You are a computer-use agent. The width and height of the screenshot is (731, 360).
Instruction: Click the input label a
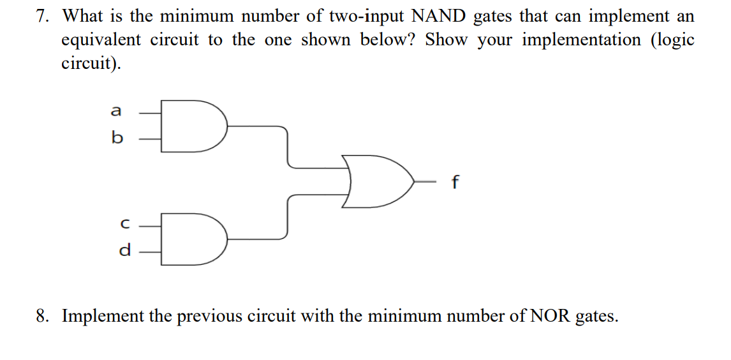pos(115,111)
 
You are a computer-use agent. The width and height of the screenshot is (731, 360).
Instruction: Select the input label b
pos(116,138)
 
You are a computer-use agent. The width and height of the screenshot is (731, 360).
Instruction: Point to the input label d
pos(124,250)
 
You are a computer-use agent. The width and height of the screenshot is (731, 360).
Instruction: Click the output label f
pos(454,183)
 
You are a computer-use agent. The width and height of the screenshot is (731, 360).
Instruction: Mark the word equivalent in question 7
pos(101,40)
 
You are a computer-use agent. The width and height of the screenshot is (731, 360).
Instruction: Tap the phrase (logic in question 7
pos(672,40)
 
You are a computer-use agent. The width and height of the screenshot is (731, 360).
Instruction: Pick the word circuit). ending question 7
pos(90,64)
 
